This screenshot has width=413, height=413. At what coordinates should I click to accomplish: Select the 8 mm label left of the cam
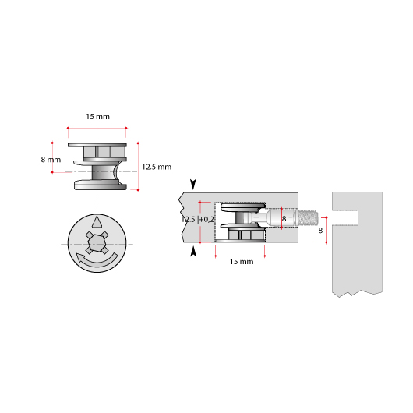50,160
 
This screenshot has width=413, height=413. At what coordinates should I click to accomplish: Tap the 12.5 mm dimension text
157,167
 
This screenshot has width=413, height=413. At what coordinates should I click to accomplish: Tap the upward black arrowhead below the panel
192,251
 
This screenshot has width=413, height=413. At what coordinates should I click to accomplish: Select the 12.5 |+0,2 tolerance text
197,220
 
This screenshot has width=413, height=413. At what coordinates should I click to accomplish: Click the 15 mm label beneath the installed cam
241,262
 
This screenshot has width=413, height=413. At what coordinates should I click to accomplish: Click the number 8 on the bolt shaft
284,219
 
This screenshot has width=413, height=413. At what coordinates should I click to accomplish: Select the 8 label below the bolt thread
321,231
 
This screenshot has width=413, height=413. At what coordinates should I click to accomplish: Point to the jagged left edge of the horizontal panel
181,218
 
